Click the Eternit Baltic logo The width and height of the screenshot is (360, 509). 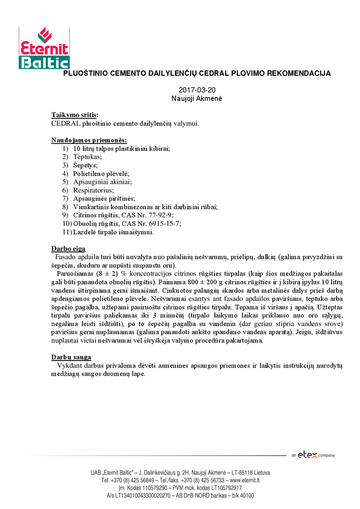44,48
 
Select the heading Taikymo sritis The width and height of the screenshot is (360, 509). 75,115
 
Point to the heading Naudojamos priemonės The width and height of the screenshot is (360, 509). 89,140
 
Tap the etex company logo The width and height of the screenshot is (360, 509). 312,455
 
